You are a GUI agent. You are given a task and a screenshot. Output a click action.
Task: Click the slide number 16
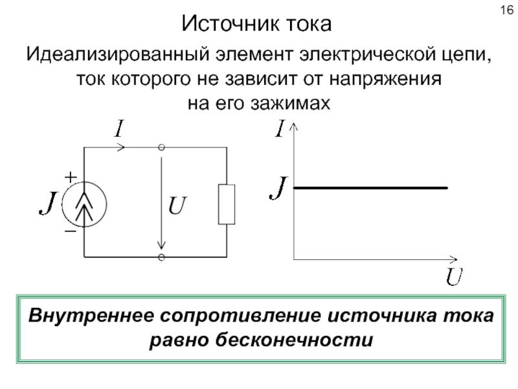tap(507, 10)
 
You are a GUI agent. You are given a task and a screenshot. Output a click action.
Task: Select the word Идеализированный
tap(118, 54)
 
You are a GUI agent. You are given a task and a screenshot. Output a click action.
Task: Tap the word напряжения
tap(385, 79)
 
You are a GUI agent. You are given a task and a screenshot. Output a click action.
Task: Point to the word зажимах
tap(290, 103)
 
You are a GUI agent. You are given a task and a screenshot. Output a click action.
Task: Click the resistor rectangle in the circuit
tap(227, 204)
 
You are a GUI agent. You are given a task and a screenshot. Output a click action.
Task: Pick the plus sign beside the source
tap(71, 177)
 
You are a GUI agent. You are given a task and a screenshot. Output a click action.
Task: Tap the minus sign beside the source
tap(71, 231)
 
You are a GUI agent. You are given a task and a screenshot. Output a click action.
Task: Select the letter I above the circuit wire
tap(119, 128)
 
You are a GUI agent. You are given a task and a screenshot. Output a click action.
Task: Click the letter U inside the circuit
tap(177, 205)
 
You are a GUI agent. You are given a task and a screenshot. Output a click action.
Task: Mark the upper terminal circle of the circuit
tap(161, 147)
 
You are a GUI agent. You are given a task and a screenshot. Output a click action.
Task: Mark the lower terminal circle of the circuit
tap(161, 257)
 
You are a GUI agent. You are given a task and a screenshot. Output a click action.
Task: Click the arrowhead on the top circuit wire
tap(121, 147)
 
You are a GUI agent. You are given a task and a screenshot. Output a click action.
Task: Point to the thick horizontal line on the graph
tap(370, 188)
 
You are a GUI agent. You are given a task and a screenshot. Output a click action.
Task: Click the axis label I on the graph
tap(280, 128)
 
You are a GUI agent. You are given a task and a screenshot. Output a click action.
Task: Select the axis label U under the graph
tap(454, 277)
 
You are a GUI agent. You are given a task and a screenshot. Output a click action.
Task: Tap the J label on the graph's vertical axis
tap(278, 187)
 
